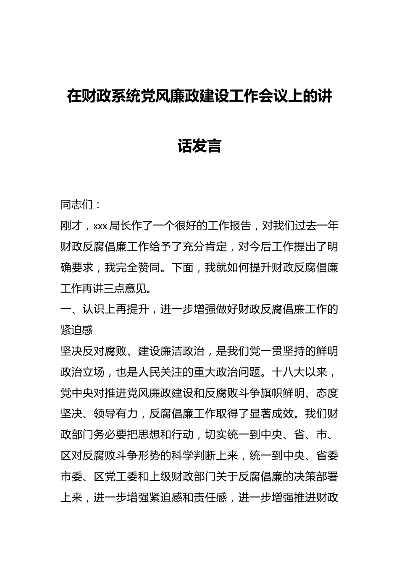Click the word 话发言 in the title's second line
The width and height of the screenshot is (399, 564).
(199, 146)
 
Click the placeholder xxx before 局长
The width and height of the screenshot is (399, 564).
(100, 226)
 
